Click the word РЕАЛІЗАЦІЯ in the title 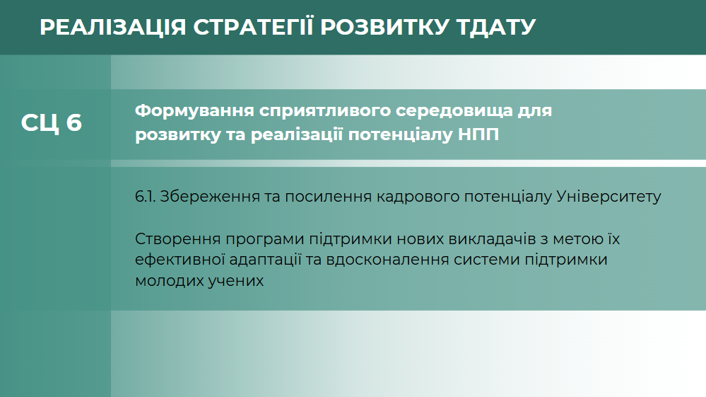click(x=112, y=27)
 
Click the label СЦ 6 click(x=52, y=122)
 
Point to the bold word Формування click(x=194, y=111)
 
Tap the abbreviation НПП click(x=478, y=134)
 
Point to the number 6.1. click(x=145, y=197)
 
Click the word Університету click(x=608, y=197)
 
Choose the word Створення click(x=178, y=239)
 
